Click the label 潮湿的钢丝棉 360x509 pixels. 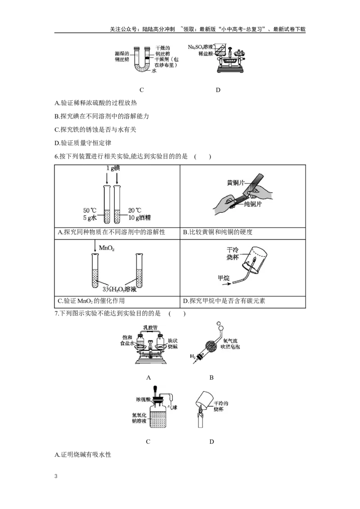tap(123, 56)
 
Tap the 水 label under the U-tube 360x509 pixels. tap(153, 71)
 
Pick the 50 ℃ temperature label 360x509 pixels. tap(90, 210)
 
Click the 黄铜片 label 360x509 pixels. tap(238, 183)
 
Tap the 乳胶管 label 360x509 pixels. tap(149, 327)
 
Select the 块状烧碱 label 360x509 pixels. tap(173, 343)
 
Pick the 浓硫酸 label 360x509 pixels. tap(143, 399)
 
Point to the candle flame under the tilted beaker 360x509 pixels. tap(199, 411)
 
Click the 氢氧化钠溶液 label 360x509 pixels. tap(139, 419)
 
